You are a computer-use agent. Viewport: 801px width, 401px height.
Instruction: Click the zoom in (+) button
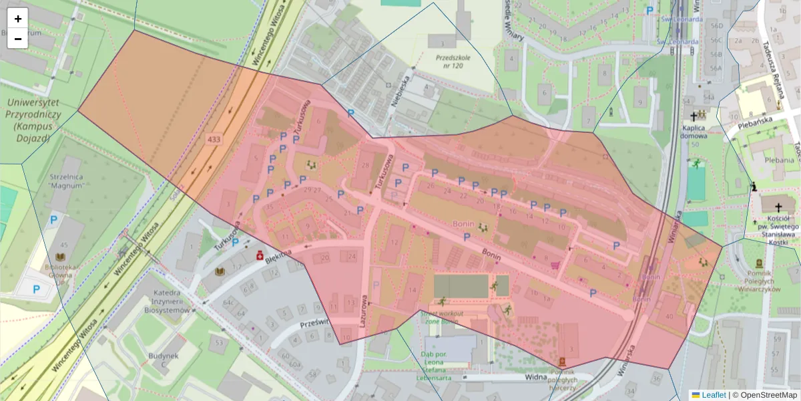pyautogui.click(x=18, y=19)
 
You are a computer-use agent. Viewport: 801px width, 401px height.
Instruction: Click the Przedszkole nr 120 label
pyautogui.click(x=453, y=62)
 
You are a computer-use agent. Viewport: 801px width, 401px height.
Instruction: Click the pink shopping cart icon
pyautogui.click(x=554, y=265)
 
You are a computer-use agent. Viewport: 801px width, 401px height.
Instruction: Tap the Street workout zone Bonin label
pyautogui.click(x=440, y=317)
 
